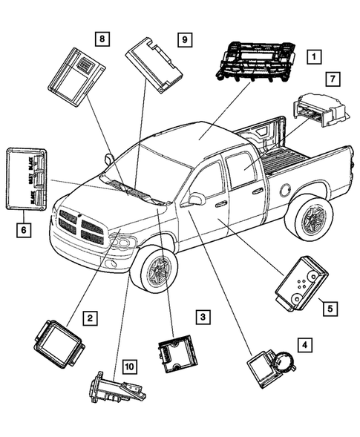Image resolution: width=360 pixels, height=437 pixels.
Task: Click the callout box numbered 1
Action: [315, 56]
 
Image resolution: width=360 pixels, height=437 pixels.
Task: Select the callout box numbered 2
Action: [88, 318]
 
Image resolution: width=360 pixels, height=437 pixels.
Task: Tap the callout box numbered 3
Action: [201, 318]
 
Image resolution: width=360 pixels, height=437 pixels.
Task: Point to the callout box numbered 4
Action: [303, 345]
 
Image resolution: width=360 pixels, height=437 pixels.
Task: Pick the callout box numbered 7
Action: [333, 79]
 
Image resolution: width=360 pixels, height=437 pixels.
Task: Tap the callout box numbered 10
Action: [129, 366]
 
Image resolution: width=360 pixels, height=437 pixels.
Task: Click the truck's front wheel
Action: [157, 270]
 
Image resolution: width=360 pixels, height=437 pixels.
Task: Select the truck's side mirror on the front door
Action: [197, 199]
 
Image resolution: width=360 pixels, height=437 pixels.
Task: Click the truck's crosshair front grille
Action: [81, 227]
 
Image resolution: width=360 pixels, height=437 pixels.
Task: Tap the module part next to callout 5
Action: [300, 282]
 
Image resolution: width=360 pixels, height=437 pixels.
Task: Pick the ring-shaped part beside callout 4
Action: [284, 364]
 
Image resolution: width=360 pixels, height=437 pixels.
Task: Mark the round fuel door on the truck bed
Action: [285, 190]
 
